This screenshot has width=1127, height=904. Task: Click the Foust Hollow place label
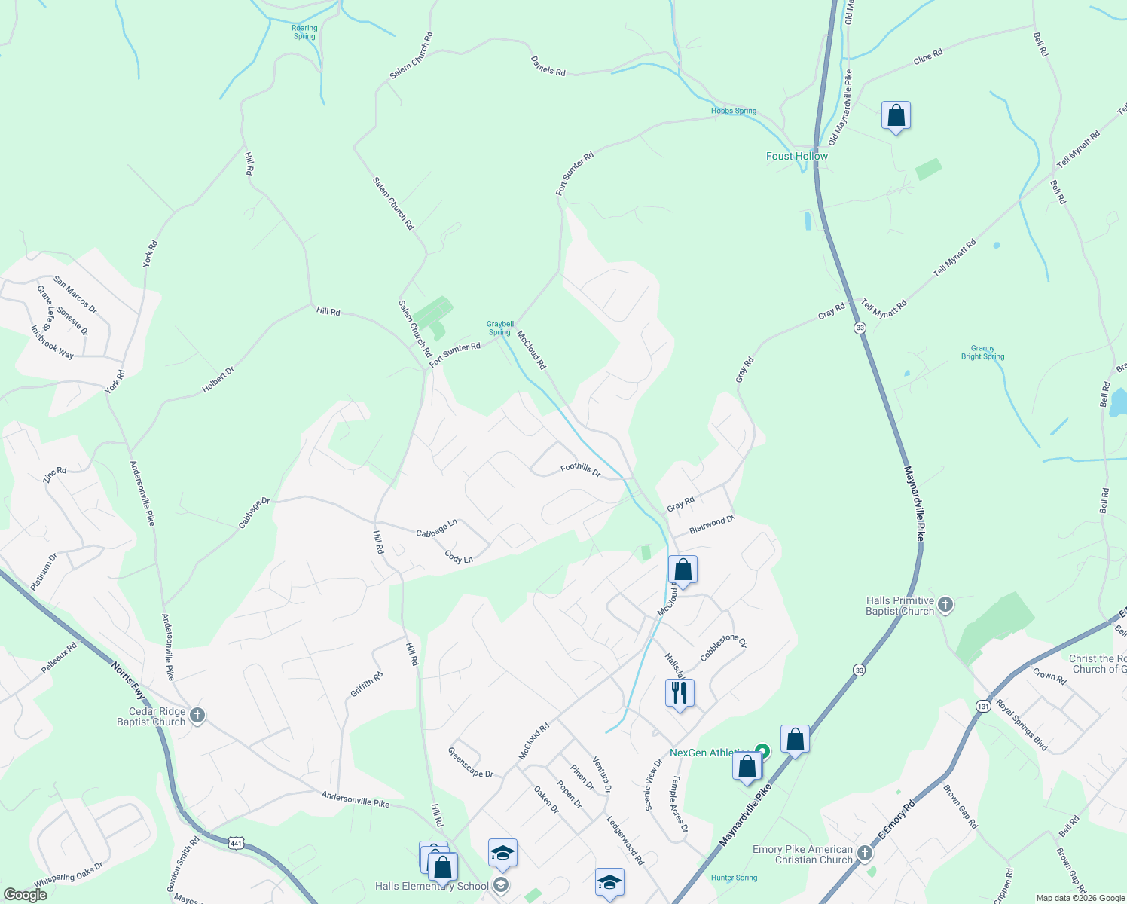(796, 157)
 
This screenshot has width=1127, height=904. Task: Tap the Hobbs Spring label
(733, 111)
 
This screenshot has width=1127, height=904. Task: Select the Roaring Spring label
(304, 32)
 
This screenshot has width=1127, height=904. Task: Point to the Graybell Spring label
(500, 328)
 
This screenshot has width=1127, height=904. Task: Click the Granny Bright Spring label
(982, 353)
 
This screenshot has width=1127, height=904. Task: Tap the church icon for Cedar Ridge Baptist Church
(197, 716)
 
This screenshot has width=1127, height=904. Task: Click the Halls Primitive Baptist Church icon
(945, 604)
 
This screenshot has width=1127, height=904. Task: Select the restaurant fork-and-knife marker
(680, 692)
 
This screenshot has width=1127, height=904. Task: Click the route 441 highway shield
(236, 841)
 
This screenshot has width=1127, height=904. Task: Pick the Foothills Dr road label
(580, 470)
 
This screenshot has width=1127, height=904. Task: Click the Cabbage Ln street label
(437, 528)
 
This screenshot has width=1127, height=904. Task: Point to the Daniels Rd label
(548, 66)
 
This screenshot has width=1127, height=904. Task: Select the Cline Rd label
(927, 56)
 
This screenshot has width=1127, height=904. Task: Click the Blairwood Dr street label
(711, 524)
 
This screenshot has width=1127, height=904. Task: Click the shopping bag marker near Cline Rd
(896, 116)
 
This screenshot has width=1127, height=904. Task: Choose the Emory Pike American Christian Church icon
(864, 854)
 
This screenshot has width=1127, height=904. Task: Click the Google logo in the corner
(25, 895)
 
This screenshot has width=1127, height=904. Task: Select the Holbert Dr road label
(218, 380)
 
